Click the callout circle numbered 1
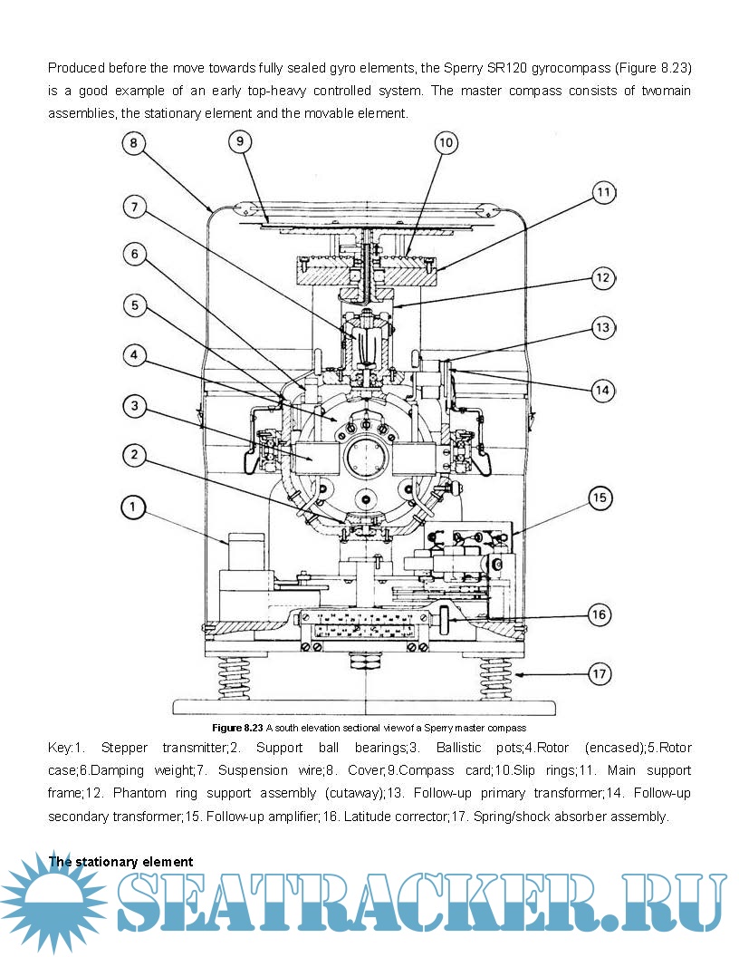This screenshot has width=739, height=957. click(133, 507)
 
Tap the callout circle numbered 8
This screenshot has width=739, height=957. click(133, 143)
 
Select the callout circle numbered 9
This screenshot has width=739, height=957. click(240, 141)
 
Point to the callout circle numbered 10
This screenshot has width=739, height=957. click(446, 143)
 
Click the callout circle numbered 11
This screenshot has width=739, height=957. click(604, 192)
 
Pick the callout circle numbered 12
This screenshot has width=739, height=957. click(603, 278)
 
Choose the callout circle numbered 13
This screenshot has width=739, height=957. click(603, 327)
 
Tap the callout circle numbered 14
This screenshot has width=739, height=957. click(603, 391)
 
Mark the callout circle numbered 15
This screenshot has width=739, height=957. click(600, 498)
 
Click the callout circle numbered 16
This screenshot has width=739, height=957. click(599, 614)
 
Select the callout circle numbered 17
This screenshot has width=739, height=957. click(599, 674)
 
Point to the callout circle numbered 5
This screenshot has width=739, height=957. click(134, 305)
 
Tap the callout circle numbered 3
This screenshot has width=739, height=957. click(134, 406)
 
